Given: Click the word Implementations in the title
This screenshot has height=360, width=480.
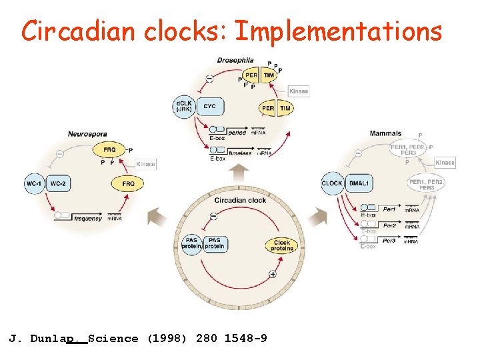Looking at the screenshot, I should [x=338, y=31].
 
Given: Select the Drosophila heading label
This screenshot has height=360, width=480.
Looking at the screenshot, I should [x=235, y=61].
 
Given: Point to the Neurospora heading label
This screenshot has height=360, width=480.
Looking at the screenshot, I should [x=87, y=134].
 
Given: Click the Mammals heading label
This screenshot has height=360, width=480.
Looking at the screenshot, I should [x=385, y=133].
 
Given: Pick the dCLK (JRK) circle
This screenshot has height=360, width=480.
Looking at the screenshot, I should [x=183, y=106].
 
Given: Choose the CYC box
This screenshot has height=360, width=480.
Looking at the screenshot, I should [x=209, y=106].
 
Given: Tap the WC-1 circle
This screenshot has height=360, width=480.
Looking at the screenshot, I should [x=35, y=183].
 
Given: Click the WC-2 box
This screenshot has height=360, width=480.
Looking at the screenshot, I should [x=59, y=183].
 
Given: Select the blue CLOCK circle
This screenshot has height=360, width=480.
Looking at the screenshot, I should [x=332, y=183].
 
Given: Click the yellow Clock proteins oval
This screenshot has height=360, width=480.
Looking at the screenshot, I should [x=282, y=245].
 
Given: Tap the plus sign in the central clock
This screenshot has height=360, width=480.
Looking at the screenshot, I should [x=273, y=274].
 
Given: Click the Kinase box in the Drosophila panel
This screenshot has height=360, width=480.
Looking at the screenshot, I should [x=299, y=91].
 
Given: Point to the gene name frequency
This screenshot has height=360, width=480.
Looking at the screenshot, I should [x=87, y=218].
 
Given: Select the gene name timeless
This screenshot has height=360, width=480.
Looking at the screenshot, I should [x=239, y=153].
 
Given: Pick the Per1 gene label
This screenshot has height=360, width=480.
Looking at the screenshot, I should [x=389, y=209].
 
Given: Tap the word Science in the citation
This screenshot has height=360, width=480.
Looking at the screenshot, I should [x=113, y=339].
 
